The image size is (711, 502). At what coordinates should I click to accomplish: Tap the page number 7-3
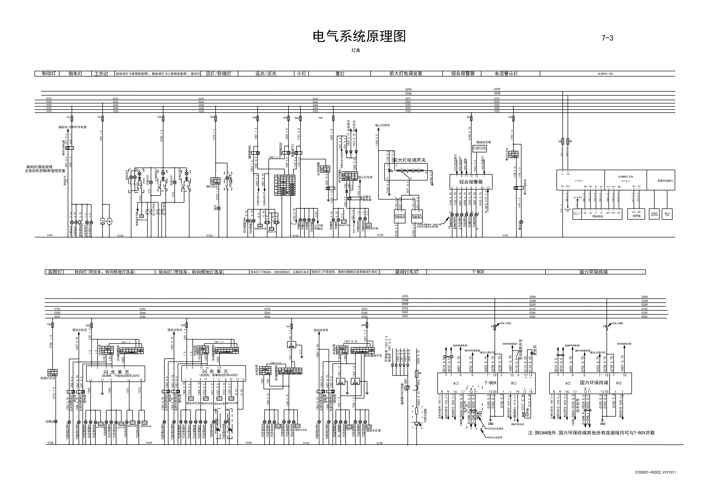pos(607,38)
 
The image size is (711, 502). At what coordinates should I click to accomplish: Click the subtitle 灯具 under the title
pos(355,50)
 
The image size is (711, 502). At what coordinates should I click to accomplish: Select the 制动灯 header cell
pos(49,74)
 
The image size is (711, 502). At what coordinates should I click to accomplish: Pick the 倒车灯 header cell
pos(75,74)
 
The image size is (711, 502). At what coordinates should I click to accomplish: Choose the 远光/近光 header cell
pos(266,74)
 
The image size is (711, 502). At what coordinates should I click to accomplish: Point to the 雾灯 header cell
pos(340,74)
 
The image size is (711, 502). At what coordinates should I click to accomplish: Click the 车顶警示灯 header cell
pos(506,74)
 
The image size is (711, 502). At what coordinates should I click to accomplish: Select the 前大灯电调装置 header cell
pos(406,74)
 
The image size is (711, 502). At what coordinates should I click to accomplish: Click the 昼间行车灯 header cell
pos(407,272)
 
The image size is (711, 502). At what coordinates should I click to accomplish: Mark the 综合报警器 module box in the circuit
pos(471,182)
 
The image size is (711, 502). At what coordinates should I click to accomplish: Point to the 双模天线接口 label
pos(666,181)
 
